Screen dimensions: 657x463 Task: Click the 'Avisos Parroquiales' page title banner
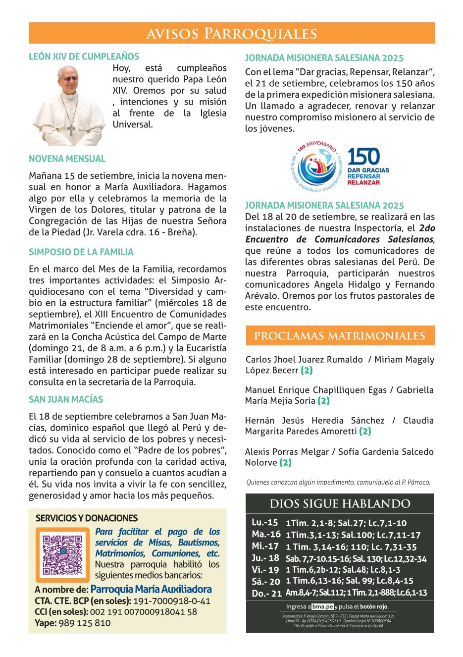tap(232, 33)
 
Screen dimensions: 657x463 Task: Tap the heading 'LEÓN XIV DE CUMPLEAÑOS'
tap(84, 56)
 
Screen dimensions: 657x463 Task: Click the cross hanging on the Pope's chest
tap(71, 130)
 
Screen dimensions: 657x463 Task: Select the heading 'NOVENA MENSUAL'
tap(67, 159)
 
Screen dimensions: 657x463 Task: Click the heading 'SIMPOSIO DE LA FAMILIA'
tap(81, 252)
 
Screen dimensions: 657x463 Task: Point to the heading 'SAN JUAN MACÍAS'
tap(66, 399)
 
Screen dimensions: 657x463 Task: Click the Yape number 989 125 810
tap(84, 623)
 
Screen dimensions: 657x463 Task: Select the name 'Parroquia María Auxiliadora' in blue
tap(151, 589)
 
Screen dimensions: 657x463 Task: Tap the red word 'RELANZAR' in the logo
tap(364, 182)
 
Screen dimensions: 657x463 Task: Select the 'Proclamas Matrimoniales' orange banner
tap(340, 335)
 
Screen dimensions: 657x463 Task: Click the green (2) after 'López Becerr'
tap(307, 370)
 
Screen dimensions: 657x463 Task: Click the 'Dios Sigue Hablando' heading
tap(340, 504)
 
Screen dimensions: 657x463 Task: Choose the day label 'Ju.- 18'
tap(265, 558)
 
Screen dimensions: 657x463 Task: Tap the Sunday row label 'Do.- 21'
tap(266, 593)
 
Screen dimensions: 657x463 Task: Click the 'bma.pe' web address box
tap(322, 607)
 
